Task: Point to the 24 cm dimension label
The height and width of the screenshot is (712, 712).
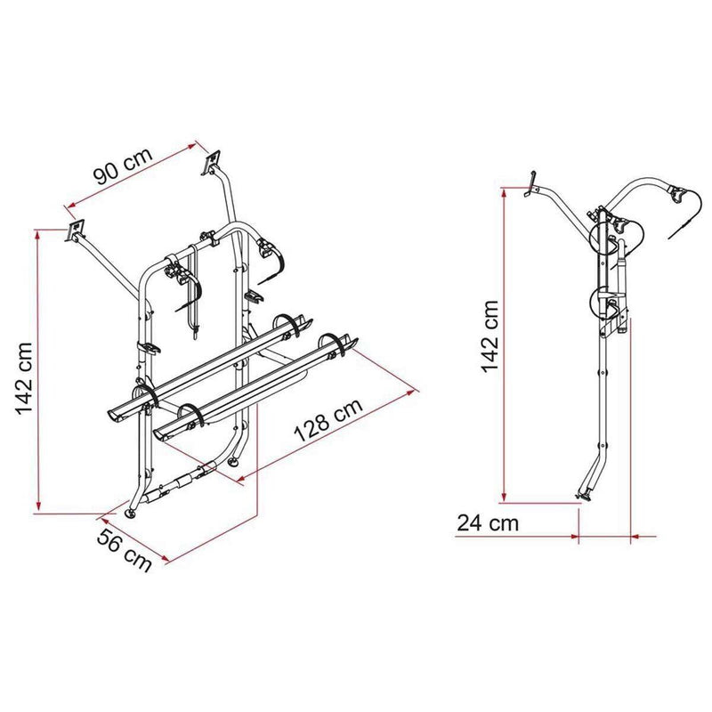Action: (487, 523)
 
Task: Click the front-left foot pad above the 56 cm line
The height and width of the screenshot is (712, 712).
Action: (133, 514)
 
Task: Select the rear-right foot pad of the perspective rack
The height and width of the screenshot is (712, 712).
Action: (235, 462)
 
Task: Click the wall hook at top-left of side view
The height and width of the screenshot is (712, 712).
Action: (529, 183)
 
